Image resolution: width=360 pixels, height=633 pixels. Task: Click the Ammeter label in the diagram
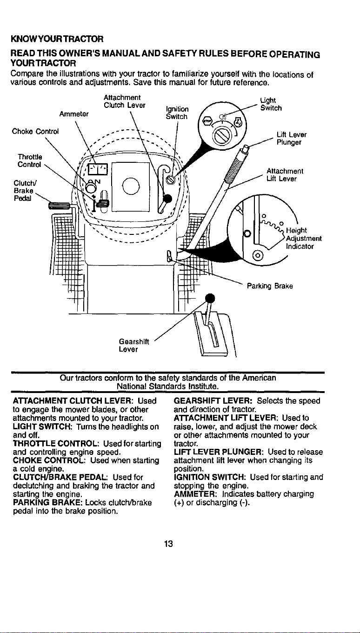74,114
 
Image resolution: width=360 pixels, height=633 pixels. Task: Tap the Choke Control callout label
35,132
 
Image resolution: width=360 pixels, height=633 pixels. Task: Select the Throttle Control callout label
30,160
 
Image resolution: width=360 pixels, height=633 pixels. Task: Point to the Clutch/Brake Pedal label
23,191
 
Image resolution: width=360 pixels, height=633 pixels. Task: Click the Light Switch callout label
271,104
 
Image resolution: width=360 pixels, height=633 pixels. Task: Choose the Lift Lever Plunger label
291,139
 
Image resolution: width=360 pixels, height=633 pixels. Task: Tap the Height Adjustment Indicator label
304,239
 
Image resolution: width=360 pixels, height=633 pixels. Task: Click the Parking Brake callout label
270,286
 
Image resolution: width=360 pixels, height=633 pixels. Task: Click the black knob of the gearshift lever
210,298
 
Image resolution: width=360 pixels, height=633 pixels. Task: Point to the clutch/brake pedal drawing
60,205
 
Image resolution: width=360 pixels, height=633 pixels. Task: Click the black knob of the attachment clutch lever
167,199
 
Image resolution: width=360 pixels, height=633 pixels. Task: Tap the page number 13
168,544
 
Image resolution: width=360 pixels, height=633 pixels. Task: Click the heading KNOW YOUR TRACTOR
57,39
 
